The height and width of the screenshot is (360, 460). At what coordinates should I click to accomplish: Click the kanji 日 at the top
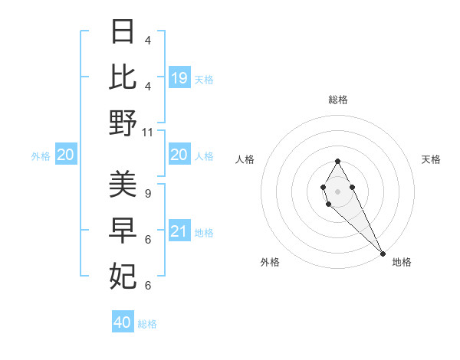click(123, 33)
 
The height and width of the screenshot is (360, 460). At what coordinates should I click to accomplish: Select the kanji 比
click(123, 77)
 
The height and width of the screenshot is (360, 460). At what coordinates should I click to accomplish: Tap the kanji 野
click(123, 123)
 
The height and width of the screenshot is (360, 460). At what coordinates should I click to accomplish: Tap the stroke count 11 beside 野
click(148, 132)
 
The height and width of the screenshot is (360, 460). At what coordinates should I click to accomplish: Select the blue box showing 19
click(179, 77)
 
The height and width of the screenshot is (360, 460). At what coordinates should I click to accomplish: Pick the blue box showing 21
click(179, 231)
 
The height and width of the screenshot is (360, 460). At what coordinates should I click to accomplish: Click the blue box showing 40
click(123, 322)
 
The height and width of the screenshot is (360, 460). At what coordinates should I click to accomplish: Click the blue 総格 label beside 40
click(147, 324)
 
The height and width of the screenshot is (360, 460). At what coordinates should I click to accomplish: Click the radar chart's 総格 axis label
click(338, 100)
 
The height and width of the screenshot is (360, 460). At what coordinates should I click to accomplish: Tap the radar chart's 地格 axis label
click(402, 262)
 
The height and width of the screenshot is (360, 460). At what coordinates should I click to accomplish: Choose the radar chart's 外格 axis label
click(270, 262)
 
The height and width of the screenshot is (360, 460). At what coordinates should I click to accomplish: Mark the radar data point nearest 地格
click(383, 254)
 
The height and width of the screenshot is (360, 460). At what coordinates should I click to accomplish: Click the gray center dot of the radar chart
click(338, 191)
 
